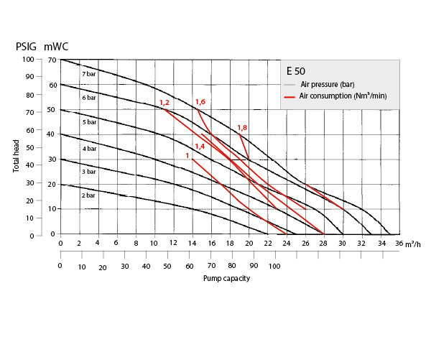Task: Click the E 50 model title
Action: click(297, 71)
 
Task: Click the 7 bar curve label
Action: click(88, 74)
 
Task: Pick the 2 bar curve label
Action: click(88, 195)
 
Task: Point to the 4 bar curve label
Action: click(88, 148)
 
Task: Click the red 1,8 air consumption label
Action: click(242, 127)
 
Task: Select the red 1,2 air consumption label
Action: click(164, 103)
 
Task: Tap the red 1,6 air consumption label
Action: click(200, 102)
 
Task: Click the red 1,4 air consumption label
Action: click(200, 146)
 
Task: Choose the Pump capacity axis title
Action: click(226, 278)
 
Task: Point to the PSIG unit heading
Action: click(27, 47)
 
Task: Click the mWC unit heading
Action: click(57, 47)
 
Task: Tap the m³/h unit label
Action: click(413, 245)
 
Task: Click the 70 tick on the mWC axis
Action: click(52, 60)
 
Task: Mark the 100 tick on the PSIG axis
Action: click(27, 60)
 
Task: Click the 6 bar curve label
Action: click(88, 97)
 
